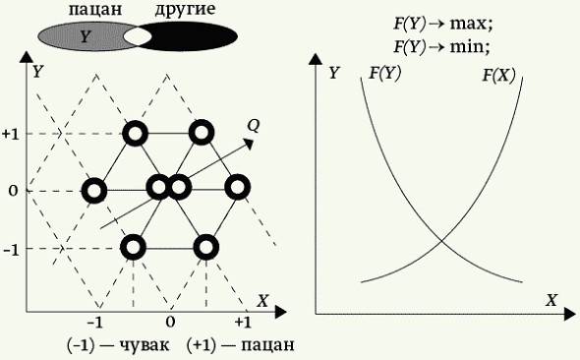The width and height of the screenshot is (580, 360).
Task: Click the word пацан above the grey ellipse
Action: click(94, 10)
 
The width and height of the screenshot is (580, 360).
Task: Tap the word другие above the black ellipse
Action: click(186, 10)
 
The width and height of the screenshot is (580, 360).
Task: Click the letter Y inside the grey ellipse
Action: click(85, 37)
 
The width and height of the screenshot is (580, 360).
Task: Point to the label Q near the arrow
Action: click(254, 125)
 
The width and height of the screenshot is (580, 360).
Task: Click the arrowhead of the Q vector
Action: click(251, 144)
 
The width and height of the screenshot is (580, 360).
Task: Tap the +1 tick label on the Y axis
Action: click(12, 133)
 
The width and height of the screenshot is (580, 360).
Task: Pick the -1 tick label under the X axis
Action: click(95, 322)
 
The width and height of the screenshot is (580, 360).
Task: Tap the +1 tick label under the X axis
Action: click(244, 322)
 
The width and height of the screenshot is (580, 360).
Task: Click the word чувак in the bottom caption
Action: click(137, 345)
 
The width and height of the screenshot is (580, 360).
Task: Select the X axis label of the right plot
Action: click(551, 300)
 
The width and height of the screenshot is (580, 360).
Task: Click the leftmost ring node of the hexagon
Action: click(94, 190)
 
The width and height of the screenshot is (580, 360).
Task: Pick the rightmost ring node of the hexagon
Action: click(237, 187)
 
